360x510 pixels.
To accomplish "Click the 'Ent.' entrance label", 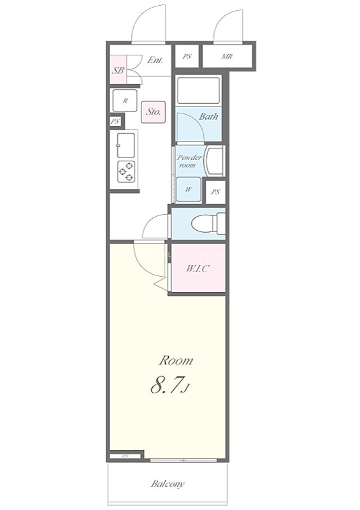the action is [x=155, y=60].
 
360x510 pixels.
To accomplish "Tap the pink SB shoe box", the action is [x=118, y=69].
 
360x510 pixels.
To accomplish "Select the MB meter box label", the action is [x=227, y=57].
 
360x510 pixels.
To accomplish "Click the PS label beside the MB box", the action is [x=187, y=57].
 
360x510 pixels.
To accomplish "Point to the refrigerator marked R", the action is [x=125, y=101].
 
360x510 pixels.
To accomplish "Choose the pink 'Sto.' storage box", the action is [x=154, y=112].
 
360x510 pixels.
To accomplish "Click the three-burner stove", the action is [x=126, y=171].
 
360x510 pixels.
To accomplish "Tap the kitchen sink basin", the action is [x=126, y=145].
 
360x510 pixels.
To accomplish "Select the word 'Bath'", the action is [x=208, y=116].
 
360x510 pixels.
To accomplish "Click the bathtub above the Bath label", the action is [x=199, y=90].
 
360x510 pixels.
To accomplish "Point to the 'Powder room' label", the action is [x=189, y=161].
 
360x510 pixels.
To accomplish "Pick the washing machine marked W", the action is [x=189, y=189].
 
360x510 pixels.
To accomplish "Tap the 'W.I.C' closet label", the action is [x=198, y=269].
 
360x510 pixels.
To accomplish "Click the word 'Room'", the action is [x=176, y=360].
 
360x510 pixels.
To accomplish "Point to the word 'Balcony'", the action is [x=168, y=484].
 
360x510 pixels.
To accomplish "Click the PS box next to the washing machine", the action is [x=215, y=192].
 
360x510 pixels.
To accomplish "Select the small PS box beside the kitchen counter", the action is [x=115, y=121].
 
